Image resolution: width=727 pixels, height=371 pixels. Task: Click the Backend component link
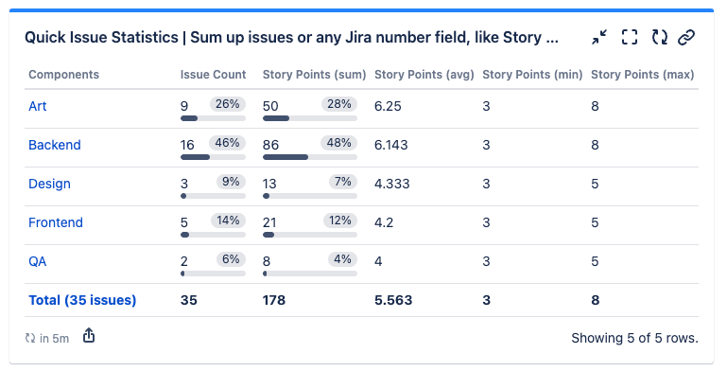pyautogui.click(x=54, y=145)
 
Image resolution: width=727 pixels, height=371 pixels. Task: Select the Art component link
pyautogui.click(x=37, y=106)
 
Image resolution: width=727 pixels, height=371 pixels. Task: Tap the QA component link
pyautogui.click(x=38, y=261)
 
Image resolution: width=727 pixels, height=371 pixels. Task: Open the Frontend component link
pyautogui.click(x=56, y=222)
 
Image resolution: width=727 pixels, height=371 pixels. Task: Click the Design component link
pyautogui.click(x=49, y=184)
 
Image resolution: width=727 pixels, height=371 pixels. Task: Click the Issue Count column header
pyautogui.click(x=213, y=74)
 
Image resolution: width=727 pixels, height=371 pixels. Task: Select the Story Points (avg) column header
pyautogui.click(x=424, y=74)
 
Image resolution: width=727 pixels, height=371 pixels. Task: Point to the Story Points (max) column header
pyautogui.click(x=642, y=74)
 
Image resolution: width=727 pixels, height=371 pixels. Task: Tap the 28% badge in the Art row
pyautogui.click(x=338, y=104)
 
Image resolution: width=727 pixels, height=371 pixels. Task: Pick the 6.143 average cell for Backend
pyautogui.click(x=393, y=145)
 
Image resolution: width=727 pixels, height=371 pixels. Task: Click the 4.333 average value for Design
pyautogui.click(x=392, y=184)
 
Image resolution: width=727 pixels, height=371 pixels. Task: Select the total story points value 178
pyautogui.click(x=274, y=300)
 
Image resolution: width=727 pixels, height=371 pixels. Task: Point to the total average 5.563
pyautogui.click(x=393, y=300)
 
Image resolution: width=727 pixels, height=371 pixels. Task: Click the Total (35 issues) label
pyautogui.click(x=82, y=300)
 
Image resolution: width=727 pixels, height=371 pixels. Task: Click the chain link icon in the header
pyautogui.click(x=687, y=38)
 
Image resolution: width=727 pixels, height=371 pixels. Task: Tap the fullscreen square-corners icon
pyautogui.click(x=630, y=38)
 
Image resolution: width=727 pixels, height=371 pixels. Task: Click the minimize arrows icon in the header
pyautogui.click(x=600, y=38)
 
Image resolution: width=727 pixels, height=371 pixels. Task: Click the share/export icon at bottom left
pyautogui.click(x=89, y=336)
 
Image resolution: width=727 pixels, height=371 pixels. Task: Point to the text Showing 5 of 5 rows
pyautogui.click(x=634, y=337)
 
